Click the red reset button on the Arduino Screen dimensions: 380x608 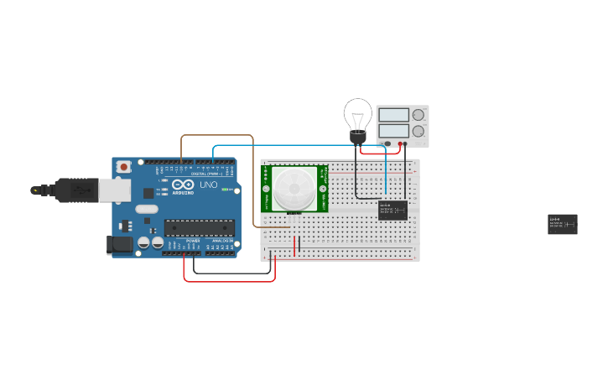(124, 167)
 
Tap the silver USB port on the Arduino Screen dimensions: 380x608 (114, 191)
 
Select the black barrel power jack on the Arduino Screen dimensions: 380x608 (119, 245)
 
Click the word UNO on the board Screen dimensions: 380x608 (208, 185)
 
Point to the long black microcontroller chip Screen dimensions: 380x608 (199, 226)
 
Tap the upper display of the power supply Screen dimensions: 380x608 (393, 115)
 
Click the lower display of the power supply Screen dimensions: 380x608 (393, 131)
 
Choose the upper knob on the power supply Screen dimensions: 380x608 (418, 115)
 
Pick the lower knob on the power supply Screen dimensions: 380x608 (418, 131)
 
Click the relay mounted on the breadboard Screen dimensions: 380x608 (392, 210)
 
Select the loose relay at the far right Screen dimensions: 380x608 (562, 224)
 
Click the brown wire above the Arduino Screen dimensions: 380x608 (217, 135)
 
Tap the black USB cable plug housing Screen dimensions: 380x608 (76, 190)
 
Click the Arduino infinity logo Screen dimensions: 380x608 (184, 185)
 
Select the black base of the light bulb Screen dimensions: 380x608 (358, 138)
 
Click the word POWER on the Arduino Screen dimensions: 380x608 (193, 242)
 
